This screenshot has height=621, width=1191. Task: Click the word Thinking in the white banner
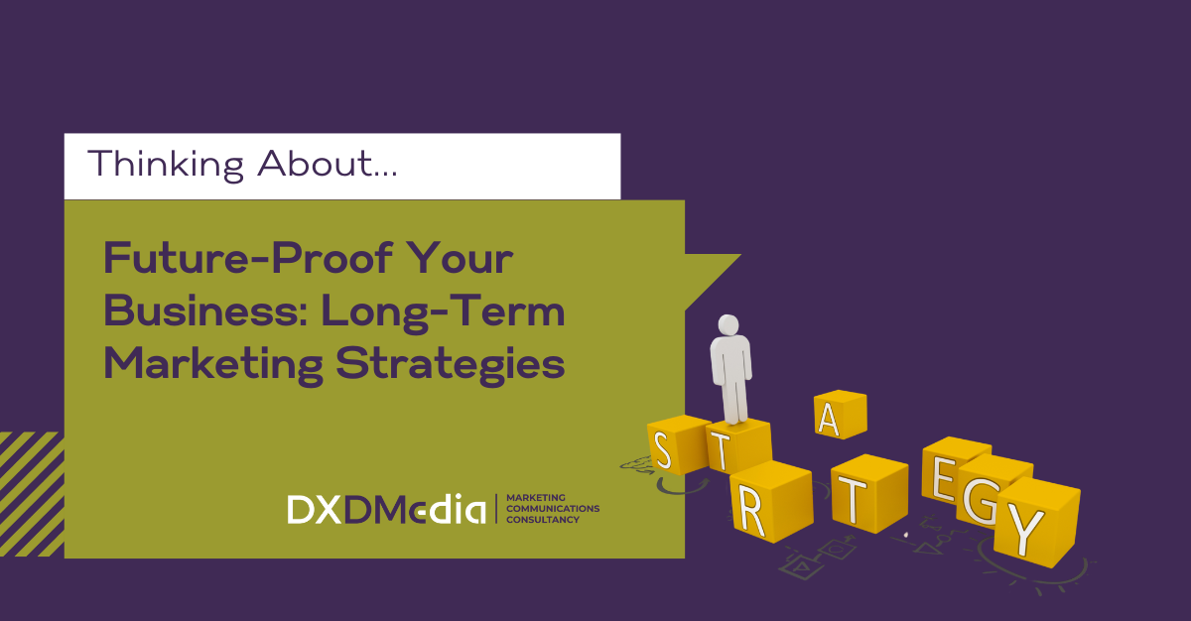[x=166, y=165]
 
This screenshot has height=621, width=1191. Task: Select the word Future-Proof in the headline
[x=248, y=258]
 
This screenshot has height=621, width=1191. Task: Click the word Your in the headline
[x=460, y=258]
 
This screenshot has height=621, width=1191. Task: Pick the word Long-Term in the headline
[x=443, y=312]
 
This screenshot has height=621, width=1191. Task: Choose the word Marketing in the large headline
[x=213, y=365]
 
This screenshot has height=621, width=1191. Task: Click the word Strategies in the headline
[x=451, y=365]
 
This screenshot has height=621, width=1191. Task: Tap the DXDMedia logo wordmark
[x=386, y=509]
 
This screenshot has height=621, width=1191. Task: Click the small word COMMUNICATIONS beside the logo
[x=553, y=508]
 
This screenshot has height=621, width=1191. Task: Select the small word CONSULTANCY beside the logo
[x=543, y=520]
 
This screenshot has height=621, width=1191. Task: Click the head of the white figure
[x=728, y=325]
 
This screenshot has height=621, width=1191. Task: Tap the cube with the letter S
[x=677, y=445]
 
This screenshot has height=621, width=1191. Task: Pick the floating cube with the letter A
[x=841, y=415]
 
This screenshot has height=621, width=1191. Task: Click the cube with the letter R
[x=771, y=502]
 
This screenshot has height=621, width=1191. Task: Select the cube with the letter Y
[x=1037, y=522]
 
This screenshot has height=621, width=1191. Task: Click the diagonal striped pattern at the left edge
[x=32, y=494]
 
